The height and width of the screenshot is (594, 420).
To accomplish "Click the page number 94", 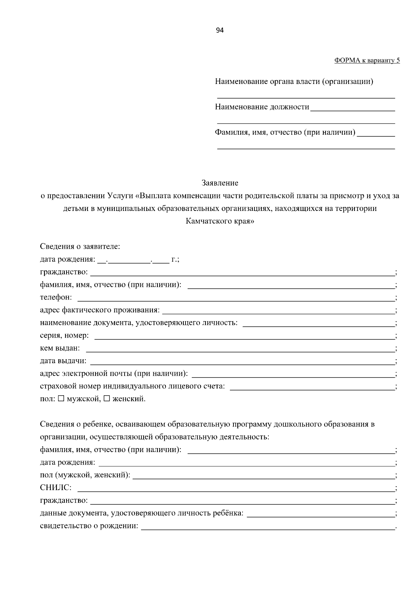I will [x=220, y=30].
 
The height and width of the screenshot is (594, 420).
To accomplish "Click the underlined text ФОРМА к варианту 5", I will [x=367, y=61].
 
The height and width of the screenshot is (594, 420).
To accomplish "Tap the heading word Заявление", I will [x=220, y=183].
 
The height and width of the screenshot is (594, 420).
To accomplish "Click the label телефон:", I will [x=56, y=297].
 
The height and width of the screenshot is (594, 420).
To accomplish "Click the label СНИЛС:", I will [x=56, y=487].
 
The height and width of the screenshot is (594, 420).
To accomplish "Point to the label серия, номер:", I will [x=64, y=335].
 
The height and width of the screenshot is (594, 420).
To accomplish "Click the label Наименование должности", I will [x=262, y=107].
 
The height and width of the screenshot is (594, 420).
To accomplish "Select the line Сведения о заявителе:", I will [x=80, y=247].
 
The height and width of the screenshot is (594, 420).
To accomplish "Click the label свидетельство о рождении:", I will [x=89, y=526].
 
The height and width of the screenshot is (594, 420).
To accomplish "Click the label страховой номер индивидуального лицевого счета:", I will [x=132, y=386].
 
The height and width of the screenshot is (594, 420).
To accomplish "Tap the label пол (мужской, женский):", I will [x=85, y=475].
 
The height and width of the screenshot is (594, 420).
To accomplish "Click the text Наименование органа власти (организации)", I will [x=294, y=82].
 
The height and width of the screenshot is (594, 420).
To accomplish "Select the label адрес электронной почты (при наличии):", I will [x=114, y=374].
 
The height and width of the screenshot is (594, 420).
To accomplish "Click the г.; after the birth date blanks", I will [x=175, y=260].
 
